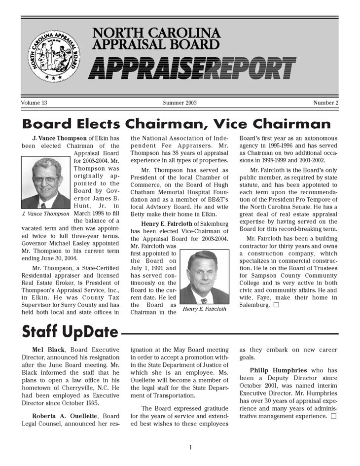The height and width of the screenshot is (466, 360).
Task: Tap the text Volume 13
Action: coord(34,103)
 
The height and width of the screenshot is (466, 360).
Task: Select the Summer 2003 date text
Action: coord(180,103)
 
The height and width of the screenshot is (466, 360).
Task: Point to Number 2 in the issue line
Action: coord(325,103)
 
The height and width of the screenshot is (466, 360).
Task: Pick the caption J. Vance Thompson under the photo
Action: coord(46,214)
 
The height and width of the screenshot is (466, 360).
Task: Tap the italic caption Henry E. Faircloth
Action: coord(204,309)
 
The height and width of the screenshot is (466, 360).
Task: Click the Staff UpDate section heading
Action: coord(70,332)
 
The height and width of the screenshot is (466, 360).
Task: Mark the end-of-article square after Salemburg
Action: coord(276,305)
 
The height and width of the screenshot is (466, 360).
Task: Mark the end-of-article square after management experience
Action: coord(334,416)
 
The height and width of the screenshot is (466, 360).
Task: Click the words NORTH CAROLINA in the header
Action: coord(156,34)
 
